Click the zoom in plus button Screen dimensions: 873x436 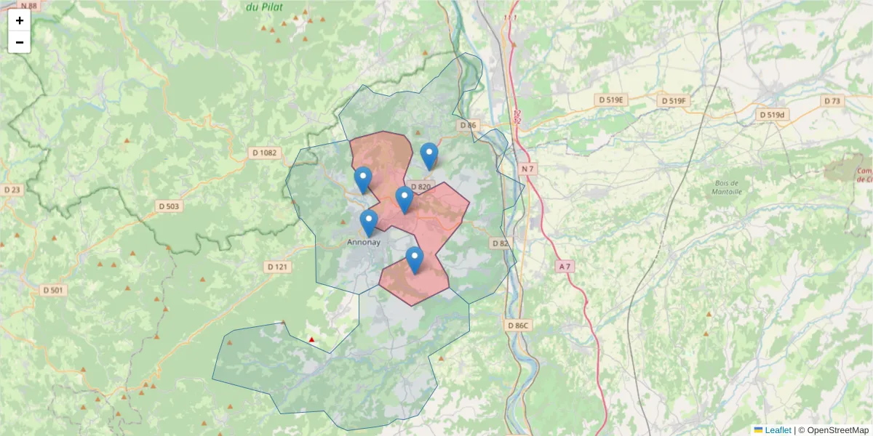coord(20,20)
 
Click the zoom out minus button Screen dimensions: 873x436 coord(20,42)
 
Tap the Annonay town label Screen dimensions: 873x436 coord(364,242)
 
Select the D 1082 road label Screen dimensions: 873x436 coord(264,153)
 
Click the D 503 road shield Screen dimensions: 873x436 coord(170,206)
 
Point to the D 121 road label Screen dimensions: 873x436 coord(278,267)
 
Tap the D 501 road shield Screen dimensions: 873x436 coord(54,290)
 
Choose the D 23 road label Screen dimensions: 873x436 coord(12,190)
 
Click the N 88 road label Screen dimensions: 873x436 coord(28,6)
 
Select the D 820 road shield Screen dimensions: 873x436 coord(421,187)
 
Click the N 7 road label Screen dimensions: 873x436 coord(528,169)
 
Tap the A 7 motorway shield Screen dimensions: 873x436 coord(565,267)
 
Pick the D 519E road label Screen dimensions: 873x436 coord(610,100)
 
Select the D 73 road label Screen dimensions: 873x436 coord(832,100)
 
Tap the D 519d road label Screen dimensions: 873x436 coord(773,115)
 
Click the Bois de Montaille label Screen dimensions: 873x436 coord(727,187)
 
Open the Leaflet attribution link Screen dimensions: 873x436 coord(778,430)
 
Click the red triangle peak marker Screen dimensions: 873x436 coord(312,339)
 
